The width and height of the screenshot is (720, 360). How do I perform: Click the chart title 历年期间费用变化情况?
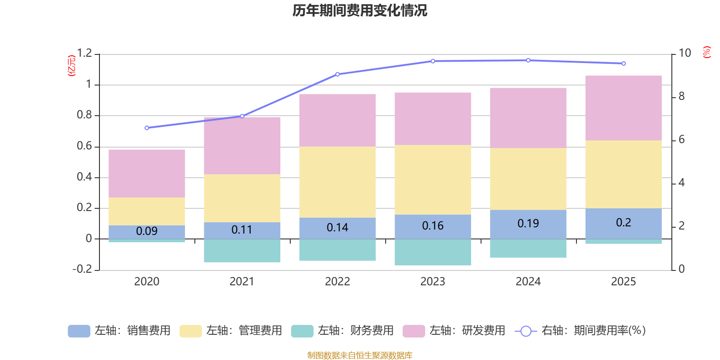click(360, 10)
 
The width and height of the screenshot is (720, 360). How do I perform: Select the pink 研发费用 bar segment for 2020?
click(147, 173)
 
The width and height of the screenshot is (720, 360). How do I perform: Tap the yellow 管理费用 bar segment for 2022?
click(337, 182)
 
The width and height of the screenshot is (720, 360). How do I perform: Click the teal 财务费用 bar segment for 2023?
click(433, 252)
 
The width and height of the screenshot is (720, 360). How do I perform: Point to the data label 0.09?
click(147, 231)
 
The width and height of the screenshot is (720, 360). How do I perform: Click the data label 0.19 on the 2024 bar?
click(528, 223)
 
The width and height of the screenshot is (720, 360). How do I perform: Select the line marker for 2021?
click(242, 116)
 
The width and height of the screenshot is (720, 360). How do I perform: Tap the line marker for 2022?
click(337, 74)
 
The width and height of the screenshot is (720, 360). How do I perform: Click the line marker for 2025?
click(623, 63)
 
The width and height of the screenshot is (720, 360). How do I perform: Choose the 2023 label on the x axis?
click(433, 281)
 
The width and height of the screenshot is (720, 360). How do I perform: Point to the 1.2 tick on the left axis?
click(84, 54)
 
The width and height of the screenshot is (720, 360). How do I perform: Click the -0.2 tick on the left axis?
click(82, 269)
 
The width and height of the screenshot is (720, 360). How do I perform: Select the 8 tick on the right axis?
click(681, 96)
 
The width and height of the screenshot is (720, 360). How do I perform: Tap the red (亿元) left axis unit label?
click(72, 66)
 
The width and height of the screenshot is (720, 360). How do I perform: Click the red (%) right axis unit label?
click(707, 52)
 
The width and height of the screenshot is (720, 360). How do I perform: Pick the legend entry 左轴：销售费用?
click(119, 331)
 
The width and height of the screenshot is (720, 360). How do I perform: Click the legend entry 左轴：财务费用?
click(342, 331)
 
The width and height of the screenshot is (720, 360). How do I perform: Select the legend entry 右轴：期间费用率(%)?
click(580, 331)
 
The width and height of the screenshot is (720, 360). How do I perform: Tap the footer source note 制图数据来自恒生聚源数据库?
click(360, 355)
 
